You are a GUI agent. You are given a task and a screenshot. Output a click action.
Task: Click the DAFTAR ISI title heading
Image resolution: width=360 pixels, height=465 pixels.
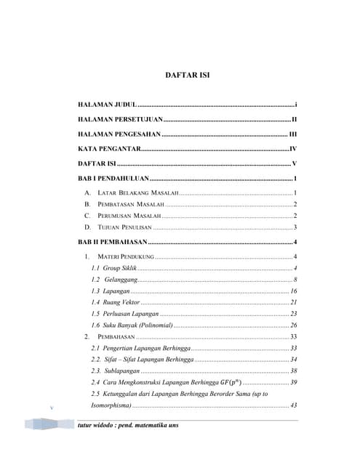(188, 76)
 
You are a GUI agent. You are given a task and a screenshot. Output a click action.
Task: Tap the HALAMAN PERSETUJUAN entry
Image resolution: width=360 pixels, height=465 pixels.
(120, 120)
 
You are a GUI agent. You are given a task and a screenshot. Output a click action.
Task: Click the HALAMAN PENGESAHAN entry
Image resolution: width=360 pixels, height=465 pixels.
(119, 134)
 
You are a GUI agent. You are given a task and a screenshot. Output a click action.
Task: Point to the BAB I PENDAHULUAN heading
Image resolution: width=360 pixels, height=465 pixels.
(113, 178)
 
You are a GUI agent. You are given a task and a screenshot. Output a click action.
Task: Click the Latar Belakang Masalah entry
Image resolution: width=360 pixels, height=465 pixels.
(137, 193)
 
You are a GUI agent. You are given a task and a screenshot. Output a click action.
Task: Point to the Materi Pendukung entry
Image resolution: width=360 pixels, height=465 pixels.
(125, 257)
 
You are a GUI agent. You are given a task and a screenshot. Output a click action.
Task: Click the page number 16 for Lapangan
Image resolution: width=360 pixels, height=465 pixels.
(293, 291)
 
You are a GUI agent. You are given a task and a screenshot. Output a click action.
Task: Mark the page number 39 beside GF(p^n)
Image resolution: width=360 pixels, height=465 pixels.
(293, 382)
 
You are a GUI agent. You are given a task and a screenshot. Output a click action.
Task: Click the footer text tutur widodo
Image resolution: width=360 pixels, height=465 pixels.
(127, 426)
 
